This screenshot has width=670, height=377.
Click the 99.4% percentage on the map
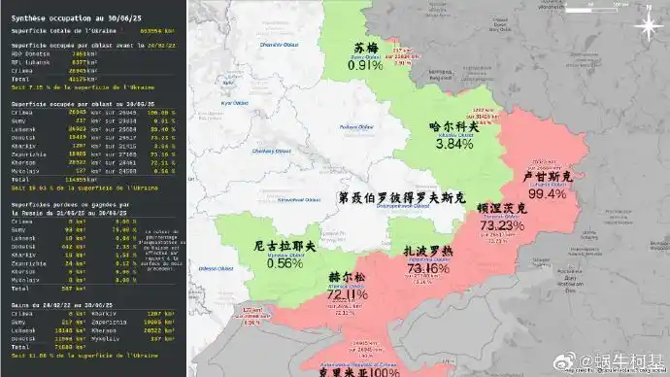[x=547, y=194]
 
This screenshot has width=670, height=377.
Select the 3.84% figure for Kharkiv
[x=453, y=143]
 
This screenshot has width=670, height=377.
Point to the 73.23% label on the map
[x=502, y=224]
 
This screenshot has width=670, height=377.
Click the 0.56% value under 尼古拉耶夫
[x=285, y=262]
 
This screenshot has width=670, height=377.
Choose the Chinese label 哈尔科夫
[x=453, y=126]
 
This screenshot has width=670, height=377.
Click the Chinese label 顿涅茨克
[x=502, y=208]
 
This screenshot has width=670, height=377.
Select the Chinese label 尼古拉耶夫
[x=285, y=247]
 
